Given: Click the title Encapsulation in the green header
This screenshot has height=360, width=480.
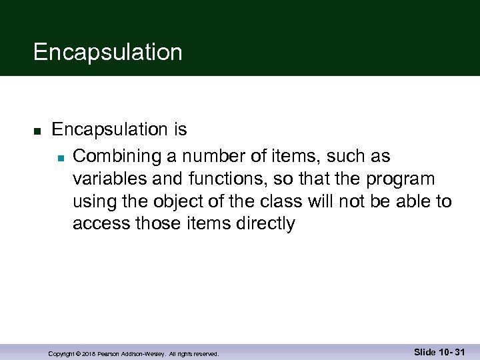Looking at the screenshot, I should [x=107, y=52].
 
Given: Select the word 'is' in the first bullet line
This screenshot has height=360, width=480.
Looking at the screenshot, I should [x=180, y=129].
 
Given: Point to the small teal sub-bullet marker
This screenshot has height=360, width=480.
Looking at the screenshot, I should [x=59, y=158].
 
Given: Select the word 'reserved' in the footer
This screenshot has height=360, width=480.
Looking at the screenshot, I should [x=203, y=354].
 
